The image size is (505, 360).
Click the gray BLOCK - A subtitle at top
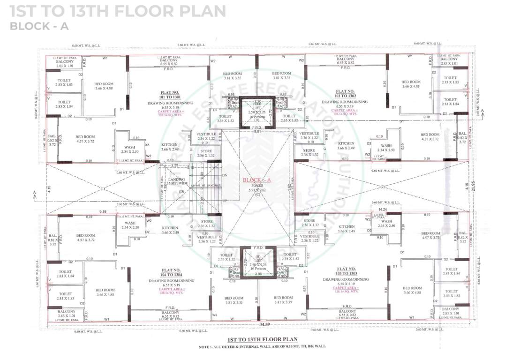(39, 26)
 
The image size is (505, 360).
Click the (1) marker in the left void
(102, 188)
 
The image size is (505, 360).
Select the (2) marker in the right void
(382, 187)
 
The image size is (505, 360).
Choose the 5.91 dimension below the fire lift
(257, 132)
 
